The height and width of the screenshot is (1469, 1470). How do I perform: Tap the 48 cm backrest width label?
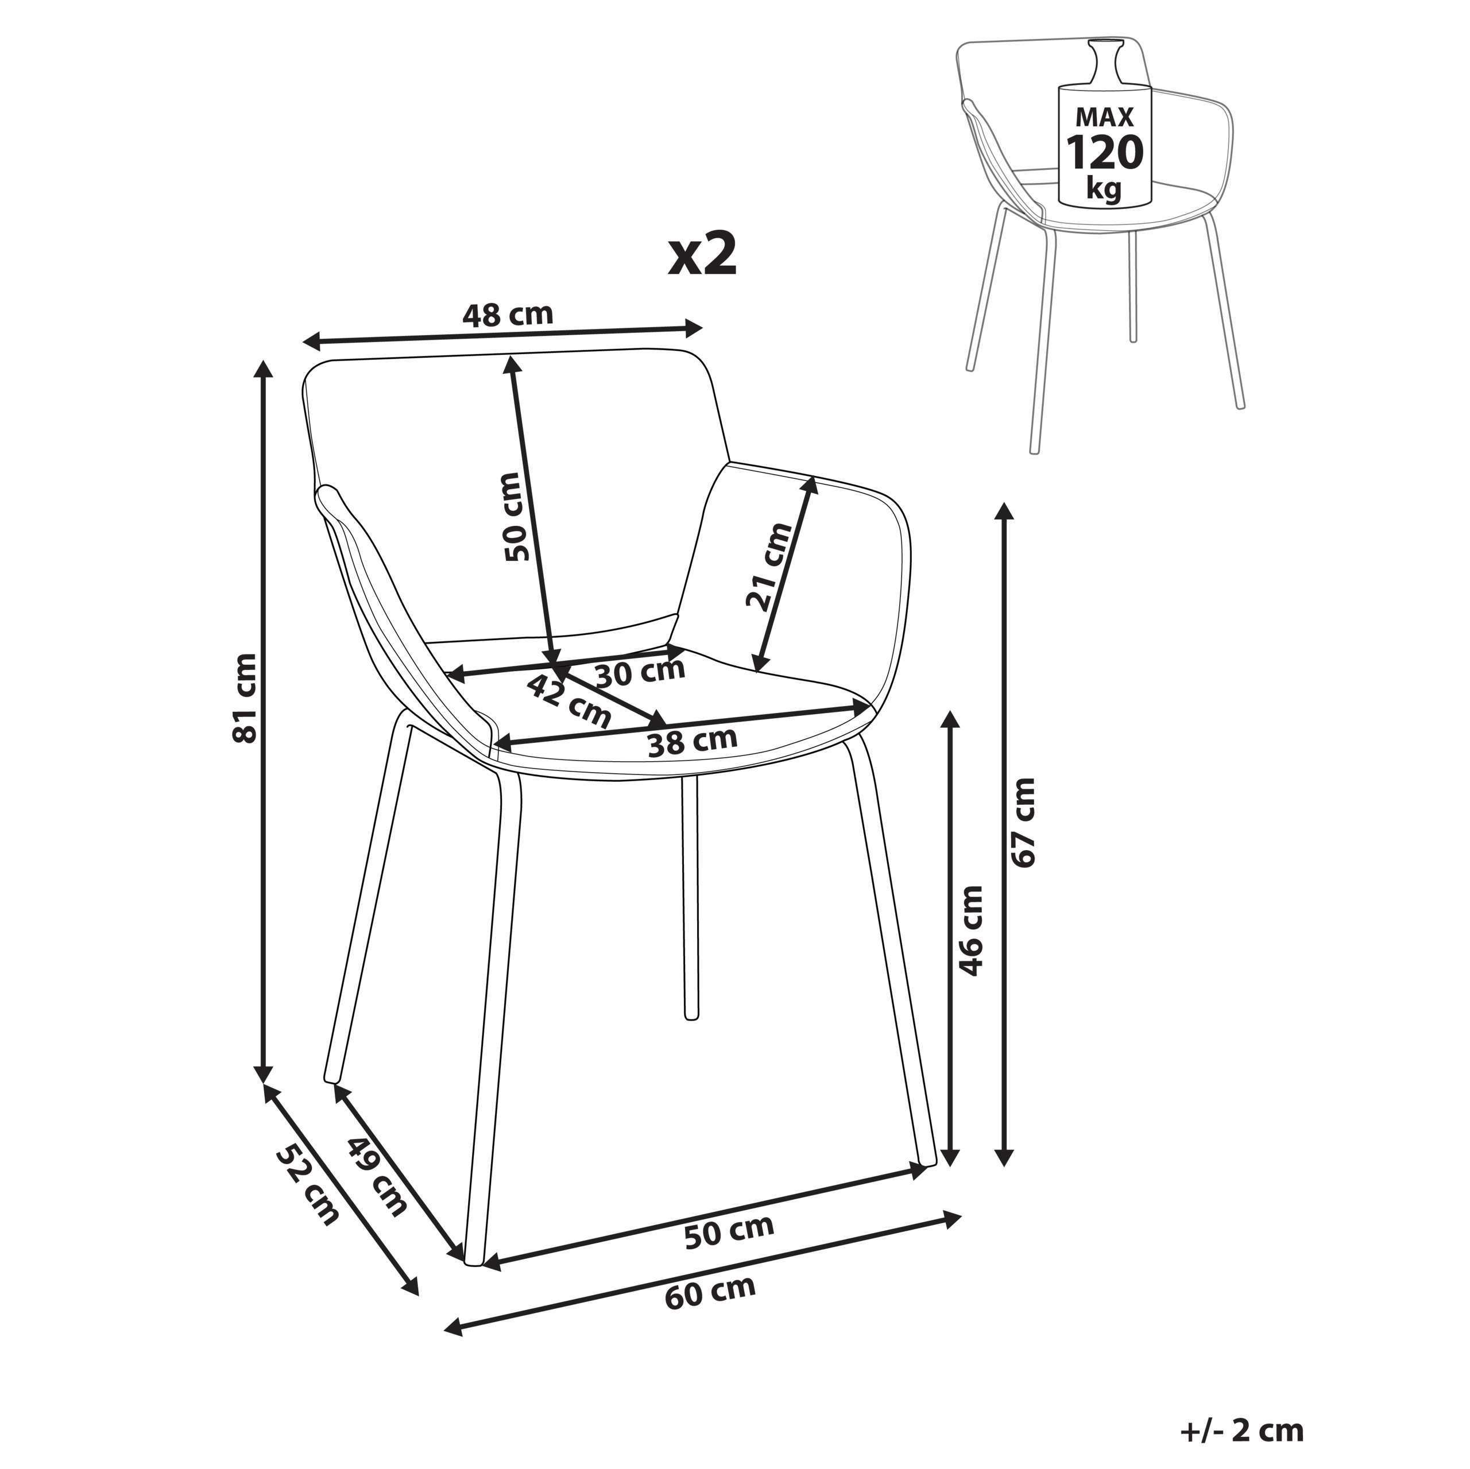[508, 313]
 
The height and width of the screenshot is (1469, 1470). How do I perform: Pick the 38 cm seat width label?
[693, 741]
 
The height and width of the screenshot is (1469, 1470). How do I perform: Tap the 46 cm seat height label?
[971, 929]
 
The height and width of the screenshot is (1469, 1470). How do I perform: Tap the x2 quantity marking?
[702, 255]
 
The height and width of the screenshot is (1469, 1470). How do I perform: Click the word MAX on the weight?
[1104, 117]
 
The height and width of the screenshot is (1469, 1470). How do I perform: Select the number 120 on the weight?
[1104, 152]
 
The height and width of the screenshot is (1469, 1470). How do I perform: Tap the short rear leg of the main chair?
[690, 898]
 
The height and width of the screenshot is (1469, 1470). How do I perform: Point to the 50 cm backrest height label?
[517, 517]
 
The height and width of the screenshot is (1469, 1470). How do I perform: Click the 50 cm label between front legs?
[729, 1231]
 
